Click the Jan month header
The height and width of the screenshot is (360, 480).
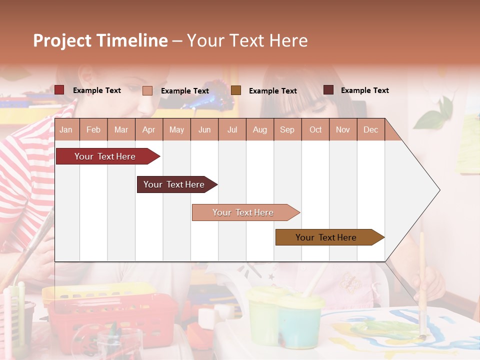point(66,130)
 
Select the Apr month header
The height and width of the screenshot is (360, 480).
point(148,130)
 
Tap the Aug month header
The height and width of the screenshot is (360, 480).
point(259,130)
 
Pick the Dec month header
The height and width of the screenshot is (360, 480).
point(370,130)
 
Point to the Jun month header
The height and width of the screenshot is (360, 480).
point(204,130)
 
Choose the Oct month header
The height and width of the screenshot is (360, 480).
point(315,130)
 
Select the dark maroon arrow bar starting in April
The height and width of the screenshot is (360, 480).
point(175,184)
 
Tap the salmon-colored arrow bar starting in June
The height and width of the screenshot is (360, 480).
point(244,212)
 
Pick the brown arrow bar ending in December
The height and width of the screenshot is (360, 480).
point(327,237)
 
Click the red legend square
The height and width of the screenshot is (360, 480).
point(59,90)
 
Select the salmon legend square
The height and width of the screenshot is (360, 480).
point(147,90)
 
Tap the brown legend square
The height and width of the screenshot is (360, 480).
point(236,90)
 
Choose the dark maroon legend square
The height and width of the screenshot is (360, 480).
point(328,90)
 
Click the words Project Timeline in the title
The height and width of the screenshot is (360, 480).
point(100,40)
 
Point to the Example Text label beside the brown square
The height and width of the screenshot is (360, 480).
point(272,91)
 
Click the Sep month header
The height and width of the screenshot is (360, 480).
point(287,130)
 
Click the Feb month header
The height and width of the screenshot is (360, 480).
point(93,130)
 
